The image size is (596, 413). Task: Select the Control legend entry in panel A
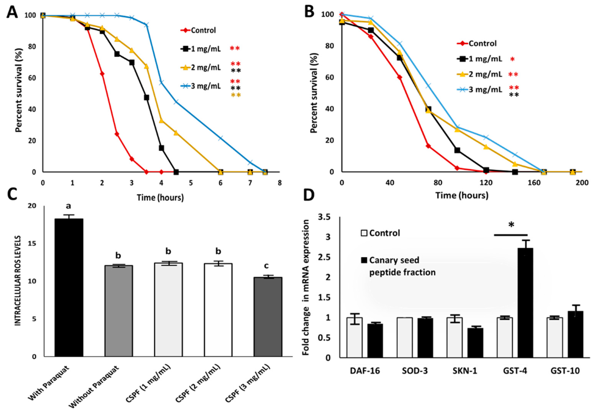198,30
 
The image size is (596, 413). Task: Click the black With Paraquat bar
69,288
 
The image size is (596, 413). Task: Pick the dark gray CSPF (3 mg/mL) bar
268,317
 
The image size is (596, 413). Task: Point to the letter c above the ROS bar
266,266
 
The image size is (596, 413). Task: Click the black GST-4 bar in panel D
525,303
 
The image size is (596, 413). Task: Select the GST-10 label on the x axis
565,371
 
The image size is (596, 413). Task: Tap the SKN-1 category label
465,371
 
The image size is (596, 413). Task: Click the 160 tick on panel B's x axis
534,183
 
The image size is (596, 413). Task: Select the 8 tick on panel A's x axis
279,183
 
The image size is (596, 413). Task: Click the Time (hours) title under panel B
462,195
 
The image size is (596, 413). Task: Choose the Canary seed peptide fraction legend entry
398,266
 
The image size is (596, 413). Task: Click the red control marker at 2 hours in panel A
102,74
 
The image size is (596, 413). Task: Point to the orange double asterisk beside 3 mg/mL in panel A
236,95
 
